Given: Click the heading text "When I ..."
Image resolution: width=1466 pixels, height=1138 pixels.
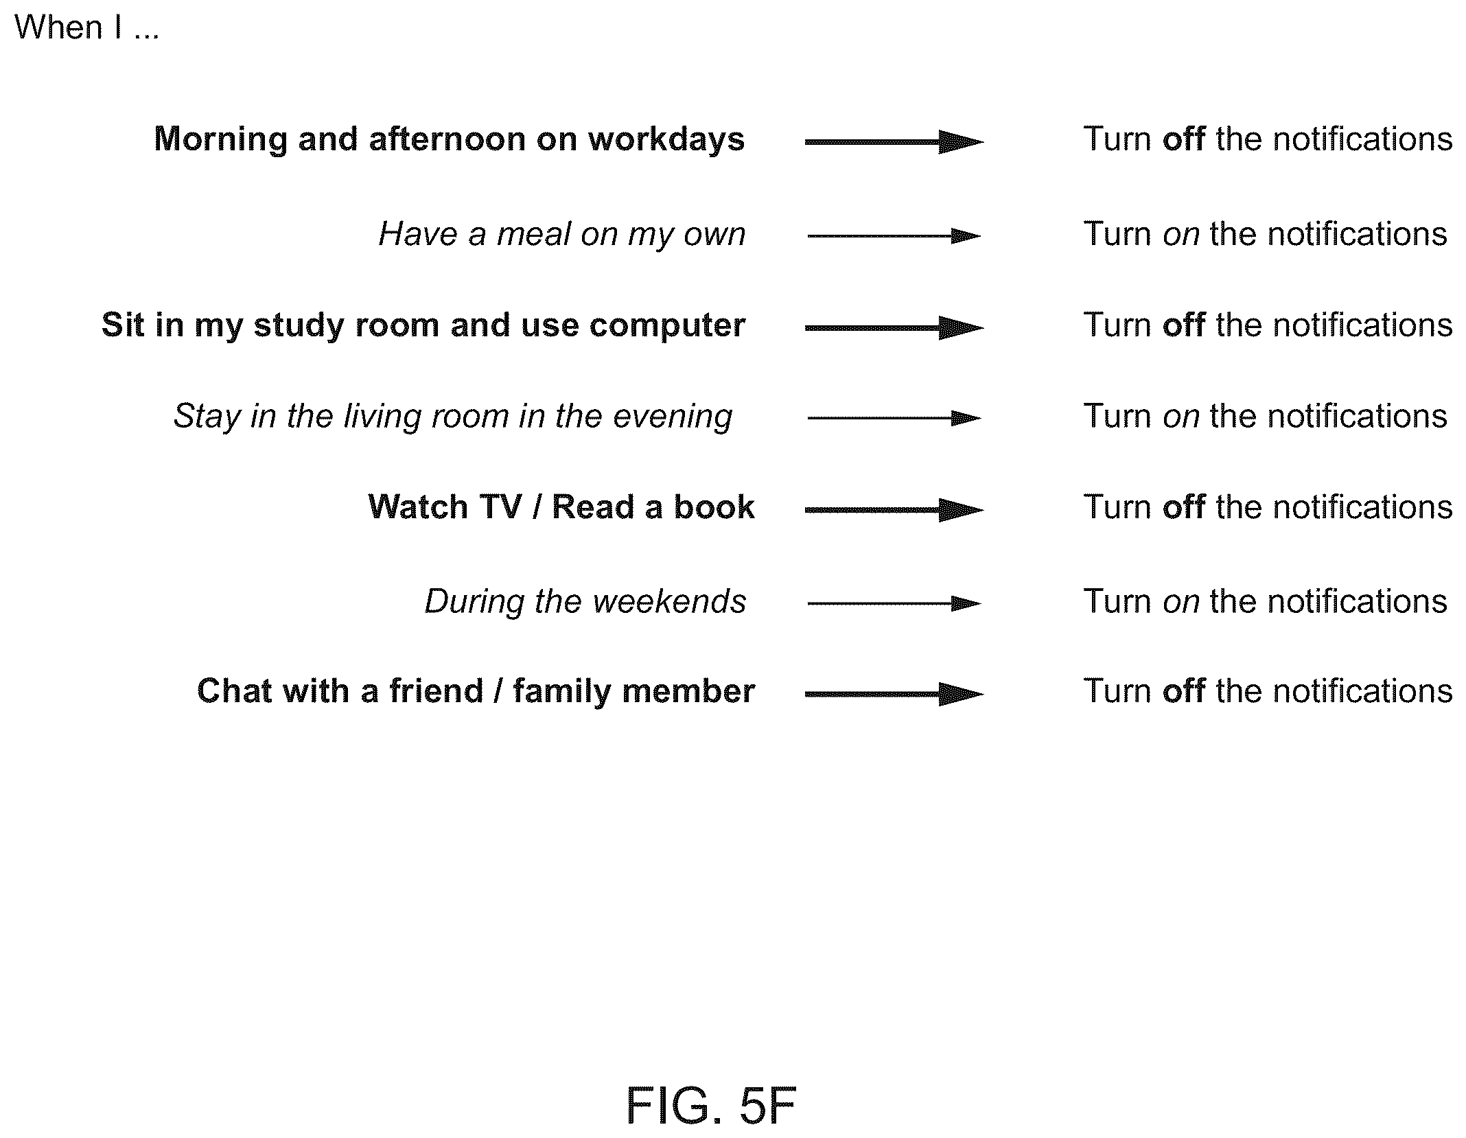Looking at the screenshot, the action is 86,27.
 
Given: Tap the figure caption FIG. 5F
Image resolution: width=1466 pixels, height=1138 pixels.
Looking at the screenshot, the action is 711,1106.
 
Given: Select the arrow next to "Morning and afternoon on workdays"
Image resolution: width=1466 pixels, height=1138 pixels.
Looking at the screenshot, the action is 894,142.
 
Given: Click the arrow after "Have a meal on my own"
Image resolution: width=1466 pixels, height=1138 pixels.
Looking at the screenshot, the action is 894,236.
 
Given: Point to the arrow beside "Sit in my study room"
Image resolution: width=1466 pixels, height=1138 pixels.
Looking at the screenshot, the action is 894,328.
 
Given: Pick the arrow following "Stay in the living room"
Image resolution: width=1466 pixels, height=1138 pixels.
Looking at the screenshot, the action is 894,418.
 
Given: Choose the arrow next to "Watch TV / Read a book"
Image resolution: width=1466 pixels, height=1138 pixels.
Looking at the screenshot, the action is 894,510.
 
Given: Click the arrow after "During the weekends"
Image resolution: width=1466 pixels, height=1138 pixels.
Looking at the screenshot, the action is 894,604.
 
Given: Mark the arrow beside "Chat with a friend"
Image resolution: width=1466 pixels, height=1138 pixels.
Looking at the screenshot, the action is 894,694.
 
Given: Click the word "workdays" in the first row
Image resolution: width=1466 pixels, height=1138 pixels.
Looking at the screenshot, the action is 666,140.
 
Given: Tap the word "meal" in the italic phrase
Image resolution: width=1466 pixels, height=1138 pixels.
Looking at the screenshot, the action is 533,234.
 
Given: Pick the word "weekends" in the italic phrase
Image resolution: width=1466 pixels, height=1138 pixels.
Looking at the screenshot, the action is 669,601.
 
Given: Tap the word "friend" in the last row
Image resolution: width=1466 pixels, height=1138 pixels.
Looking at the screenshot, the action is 437,690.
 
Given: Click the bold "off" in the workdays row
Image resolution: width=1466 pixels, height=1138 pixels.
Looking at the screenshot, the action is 1183,139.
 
